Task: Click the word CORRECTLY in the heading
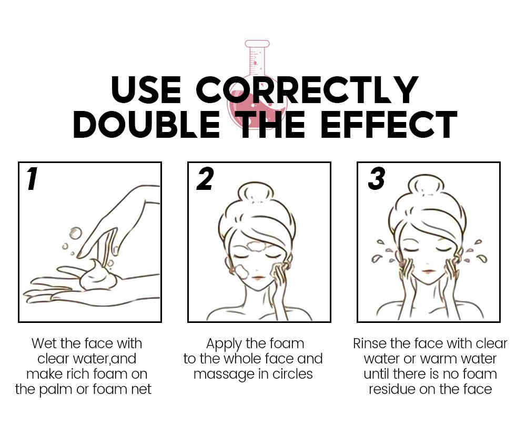[x=307, y=89]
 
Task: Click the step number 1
[x=32, y=179]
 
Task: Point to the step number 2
[x=205, y=179]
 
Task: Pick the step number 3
[x=377, y=179]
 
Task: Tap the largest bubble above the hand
[x=75, y=233]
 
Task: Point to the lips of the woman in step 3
[x=428, y=271]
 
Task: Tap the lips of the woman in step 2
[x=257, y=278]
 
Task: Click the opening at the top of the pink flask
[x=257, y=43]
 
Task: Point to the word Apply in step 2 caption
[x=224, y=344]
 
